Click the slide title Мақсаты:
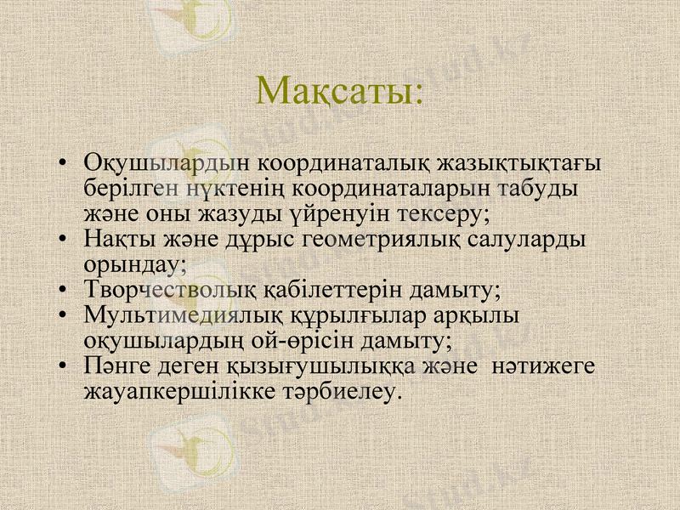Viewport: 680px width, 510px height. pos(339,91)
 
